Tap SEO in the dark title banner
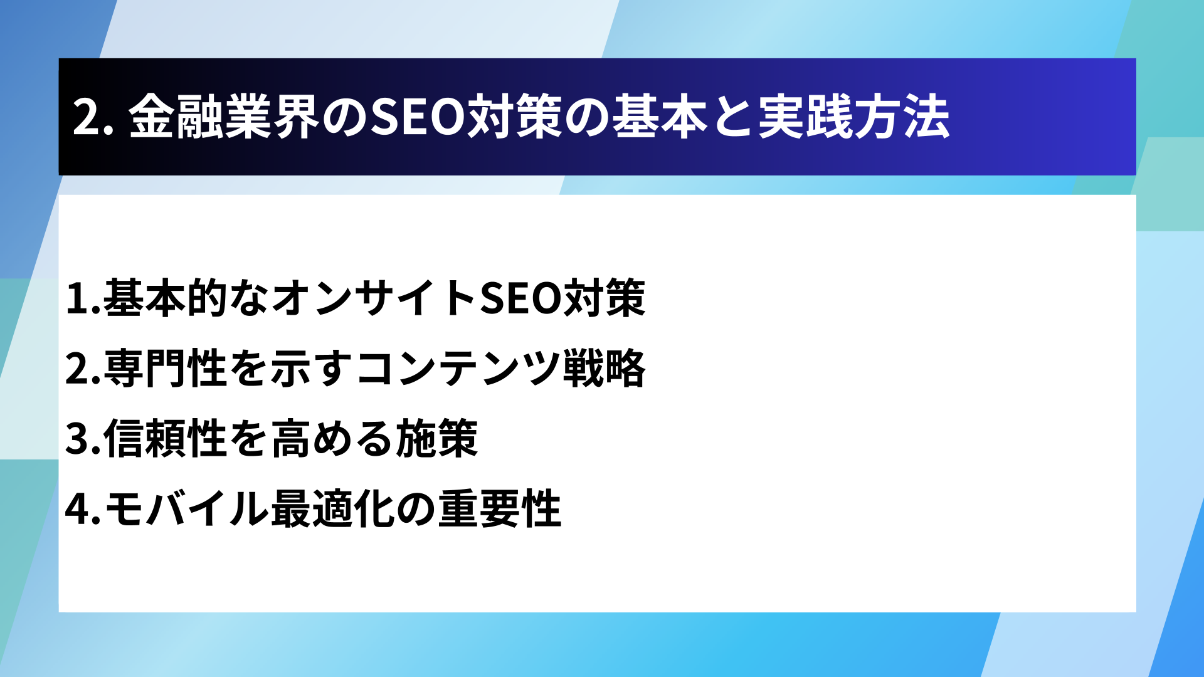(418, 117)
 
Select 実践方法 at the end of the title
(853, 117)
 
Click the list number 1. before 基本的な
(83, 298)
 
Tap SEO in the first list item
(520, 298)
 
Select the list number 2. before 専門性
(83, 369)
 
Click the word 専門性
(166, 368)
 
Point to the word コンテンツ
(458, 368)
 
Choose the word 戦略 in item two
(604, 368)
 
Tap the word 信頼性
(166, 438)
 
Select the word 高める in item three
(332, 438)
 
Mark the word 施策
(436, 438)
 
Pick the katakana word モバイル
(187, 508)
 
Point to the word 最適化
(332, 508)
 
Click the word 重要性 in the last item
(499, 508)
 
